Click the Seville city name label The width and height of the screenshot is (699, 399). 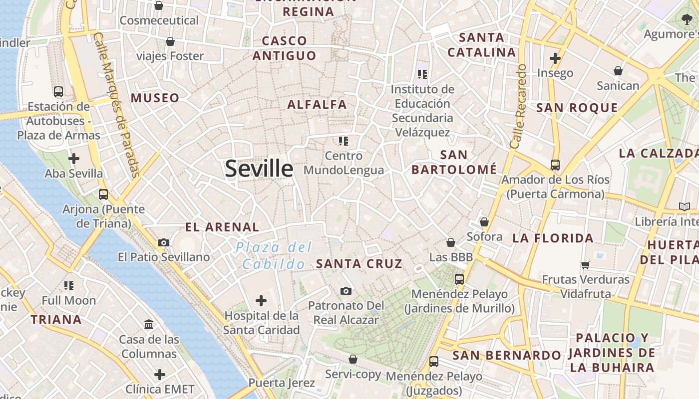tap(259, 169)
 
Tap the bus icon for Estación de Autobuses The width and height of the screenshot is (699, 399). tap(58, 92)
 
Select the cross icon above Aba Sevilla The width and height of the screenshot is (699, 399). tap(74, 159)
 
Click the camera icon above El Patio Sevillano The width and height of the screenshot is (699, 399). tap(163, 243)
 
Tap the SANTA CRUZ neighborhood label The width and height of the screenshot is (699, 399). tap(359, 264)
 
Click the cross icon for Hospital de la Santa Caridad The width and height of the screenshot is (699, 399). tap(261, 301)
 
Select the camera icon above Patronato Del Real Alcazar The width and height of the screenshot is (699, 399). tap(346, 291)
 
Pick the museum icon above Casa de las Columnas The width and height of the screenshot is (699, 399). tap(148, 325)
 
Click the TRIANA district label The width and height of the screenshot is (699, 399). tap(56, 320)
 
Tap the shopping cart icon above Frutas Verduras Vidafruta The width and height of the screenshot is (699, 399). tap(585, 265)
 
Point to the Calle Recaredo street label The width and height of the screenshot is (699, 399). tap(518, 106)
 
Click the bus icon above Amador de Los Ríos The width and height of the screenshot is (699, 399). tap(555, 165)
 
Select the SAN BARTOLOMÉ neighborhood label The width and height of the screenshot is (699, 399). tap(454, 162)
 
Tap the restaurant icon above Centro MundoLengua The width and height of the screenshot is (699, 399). tap(343, 141)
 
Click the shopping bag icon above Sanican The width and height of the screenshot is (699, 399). tap(618, 71)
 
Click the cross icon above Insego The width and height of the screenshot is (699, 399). tap(555, 58)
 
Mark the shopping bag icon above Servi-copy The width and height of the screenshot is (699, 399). tap(352, 359)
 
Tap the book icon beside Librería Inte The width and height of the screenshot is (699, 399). tap(684, 206)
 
